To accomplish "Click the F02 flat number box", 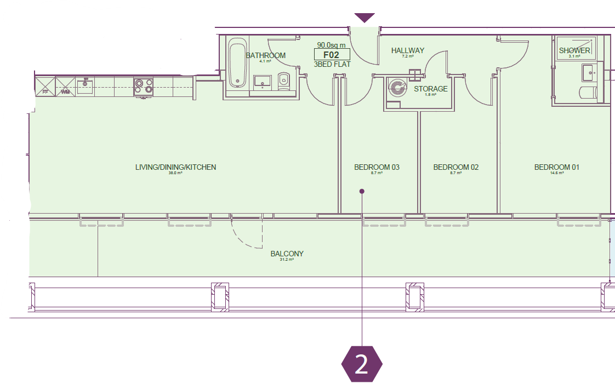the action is (x=332, y=55).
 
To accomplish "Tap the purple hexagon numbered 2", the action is (x=362, y=364).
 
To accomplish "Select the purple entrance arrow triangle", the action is (x=365, y=18).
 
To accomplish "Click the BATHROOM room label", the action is (x=265, y=55).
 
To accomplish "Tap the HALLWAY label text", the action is (x=407, y=50).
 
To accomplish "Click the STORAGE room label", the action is (x=430, y=89).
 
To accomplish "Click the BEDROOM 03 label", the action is (x=377, y=167).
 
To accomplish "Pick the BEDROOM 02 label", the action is (x=455, y=167).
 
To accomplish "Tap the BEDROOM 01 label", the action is (x=556, y=167).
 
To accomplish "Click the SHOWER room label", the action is (x=574, y=50).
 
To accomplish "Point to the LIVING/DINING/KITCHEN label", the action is (x=175, y=167).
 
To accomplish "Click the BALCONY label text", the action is (x=287, y=254).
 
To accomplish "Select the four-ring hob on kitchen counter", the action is (x=144, y=87).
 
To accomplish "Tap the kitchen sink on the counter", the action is (x=85, y=86).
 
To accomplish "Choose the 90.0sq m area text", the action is (x=332, y=45).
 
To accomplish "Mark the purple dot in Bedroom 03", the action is (x=362, y=191).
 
